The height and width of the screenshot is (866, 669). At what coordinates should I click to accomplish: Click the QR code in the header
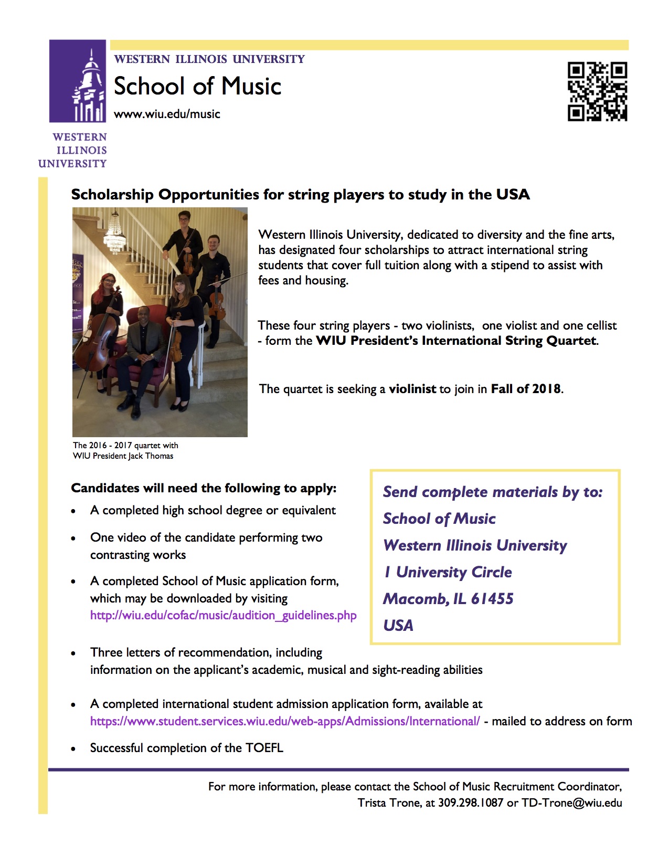[x=597, y=91]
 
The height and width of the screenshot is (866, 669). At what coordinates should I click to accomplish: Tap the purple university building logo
[x=78, y=81]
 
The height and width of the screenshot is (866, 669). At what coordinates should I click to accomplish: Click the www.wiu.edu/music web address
[x=167, y=114]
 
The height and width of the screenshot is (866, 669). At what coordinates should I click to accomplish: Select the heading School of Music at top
[x=197, y=86]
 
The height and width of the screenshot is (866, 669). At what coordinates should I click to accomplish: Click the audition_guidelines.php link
[x=223, y=615]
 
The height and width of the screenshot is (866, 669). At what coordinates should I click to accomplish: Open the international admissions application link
[x=284, y=721]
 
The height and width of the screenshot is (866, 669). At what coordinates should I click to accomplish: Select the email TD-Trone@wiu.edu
[x=571, y=802]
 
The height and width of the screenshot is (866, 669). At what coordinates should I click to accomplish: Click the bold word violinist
[x=412, y=389]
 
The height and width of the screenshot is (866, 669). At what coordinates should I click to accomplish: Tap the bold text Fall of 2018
[x=526, y=389]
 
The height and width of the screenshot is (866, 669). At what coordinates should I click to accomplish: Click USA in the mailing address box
[x=398, y=626]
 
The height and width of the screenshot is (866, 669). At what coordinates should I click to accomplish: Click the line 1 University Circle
[x=448, y=572]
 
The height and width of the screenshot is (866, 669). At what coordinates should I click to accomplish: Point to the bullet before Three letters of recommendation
[x=73, y=653]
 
